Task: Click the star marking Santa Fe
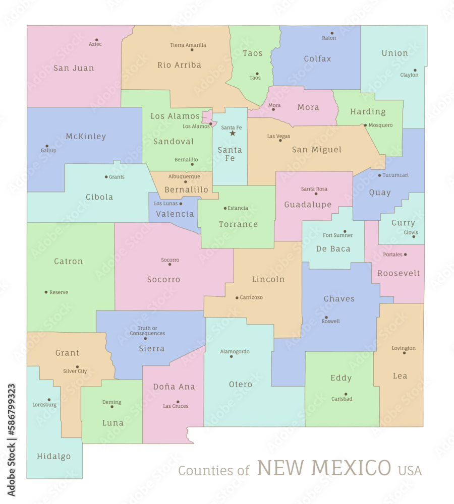coord(233,133)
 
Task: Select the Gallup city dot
coord(47,146)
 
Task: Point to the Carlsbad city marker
coord(346,394)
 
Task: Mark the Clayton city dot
coord(415,71)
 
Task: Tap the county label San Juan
coord(74,68)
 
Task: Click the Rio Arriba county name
coord(179,65)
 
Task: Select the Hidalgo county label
coord(54,457)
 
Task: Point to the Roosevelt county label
coord(399,273)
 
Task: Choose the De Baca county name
coord(333,248)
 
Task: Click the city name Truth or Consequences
coord(147,331)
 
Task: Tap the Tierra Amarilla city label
coord(188,45)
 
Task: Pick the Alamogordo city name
coord(235,351)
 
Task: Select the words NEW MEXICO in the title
coord(324,468)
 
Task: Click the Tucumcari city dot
coord(379,175)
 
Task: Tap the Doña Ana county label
coord(174,387)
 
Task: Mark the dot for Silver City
coord(77,367)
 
